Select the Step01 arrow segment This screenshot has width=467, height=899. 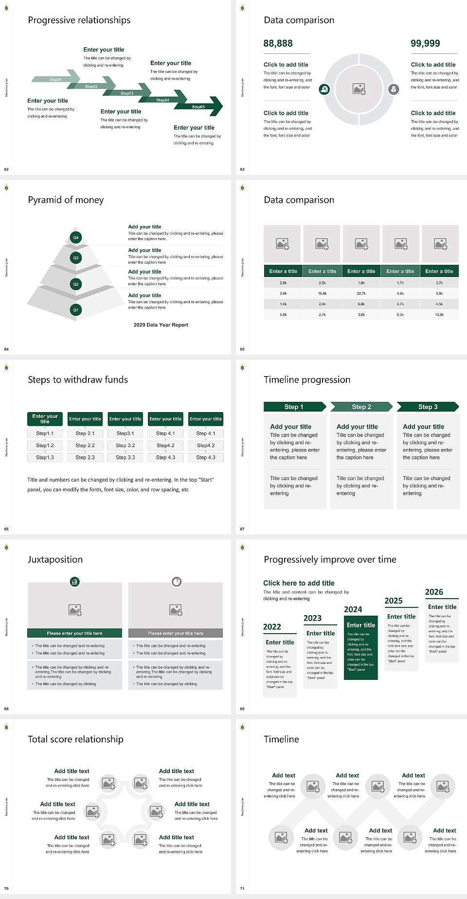click(55, 79)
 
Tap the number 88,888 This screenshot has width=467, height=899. click(278, 44)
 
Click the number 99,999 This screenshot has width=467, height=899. click(425, 44)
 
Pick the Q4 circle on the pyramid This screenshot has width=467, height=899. click(75, 238)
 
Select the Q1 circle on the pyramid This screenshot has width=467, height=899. click(75, 310)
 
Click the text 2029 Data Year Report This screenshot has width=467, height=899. click(161, 325)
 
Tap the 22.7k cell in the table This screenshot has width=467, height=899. click(361, 294)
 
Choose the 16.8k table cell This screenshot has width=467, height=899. click(322, 294)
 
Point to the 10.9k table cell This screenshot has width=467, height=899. click(439, 315)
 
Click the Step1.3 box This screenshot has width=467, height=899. click(45, 457)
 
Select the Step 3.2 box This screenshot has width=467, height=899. click(125, 445)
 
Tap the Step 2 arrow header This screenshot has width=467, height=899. click(361, 407)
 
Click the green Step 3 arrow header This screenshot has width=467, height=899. click(428, 407)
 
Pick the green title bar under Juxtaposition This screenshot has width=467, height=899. click(74, 633)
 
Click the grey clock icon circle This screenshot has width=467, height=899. click(177, 582)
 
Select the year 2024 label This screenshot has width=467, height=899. click(353, 610)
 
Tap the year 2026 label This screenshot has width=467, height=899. click(434, 592)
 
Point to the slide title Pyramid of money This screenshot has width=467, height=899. click(66, 200)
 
